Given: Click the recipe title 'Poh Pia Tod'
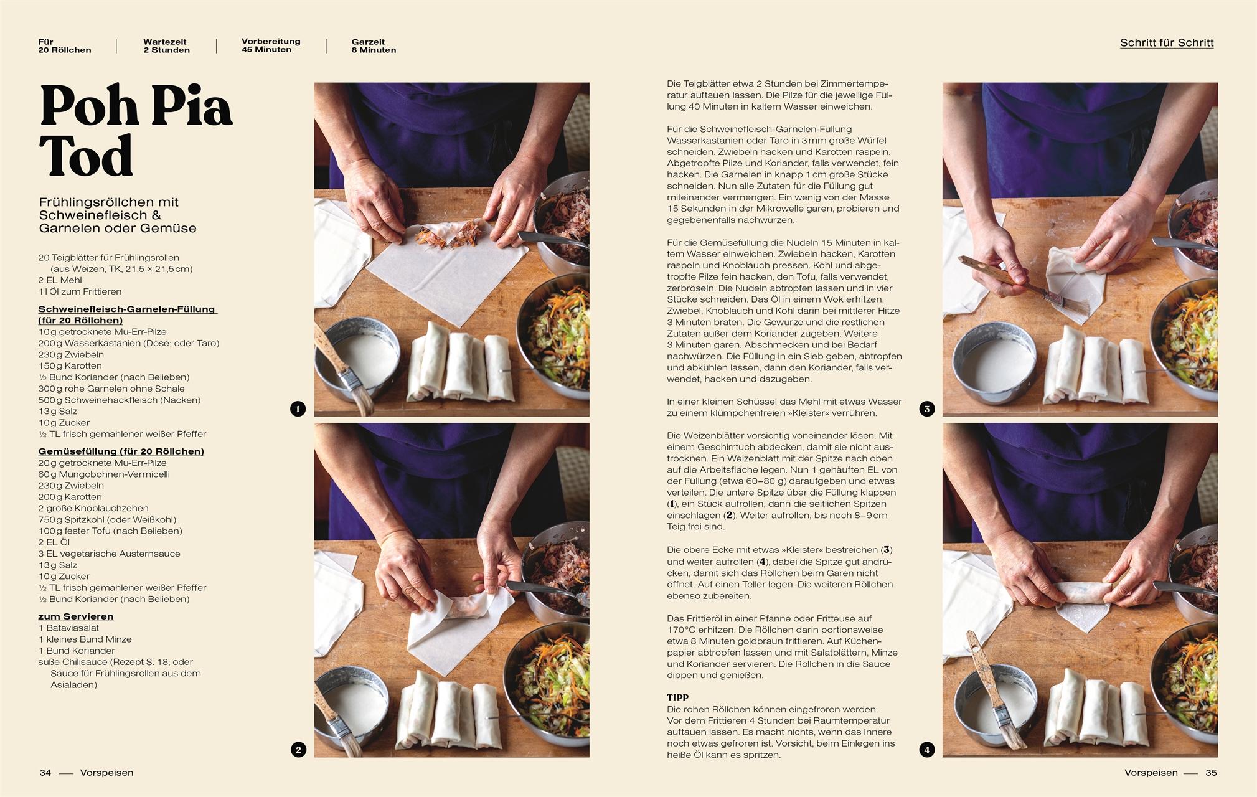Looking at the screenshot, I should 136,131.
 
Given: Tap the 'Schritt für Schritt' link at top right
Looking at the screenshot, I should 1166,43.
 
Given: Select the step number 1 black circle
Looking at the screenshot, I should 298,409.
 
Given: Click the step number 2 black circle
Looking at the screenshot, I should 298,750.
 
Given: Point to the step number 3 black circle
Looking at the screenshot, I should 926,409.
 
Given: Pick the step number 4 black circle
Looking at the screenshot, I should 926,750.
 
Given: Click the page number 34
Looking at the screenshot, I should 45,773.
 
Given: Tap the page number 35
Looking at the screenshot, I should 1210,773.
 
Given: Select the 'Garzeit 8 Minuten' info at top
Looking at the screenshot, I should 374,46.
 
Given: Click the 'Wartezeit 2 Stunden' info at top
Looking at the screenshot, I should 166,46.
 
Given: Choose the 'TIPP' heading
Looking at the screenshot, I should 677,698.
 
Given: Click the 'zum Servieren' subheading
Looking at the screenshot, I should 76,616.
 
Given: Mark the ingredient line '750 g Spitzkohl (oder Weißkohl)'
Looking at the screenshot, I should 107,519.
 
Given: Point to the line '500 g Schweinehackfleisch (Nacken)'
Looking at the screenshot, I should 120,400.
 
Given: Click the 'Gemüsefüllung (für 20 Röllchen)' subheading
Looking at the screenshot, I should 121,451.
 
